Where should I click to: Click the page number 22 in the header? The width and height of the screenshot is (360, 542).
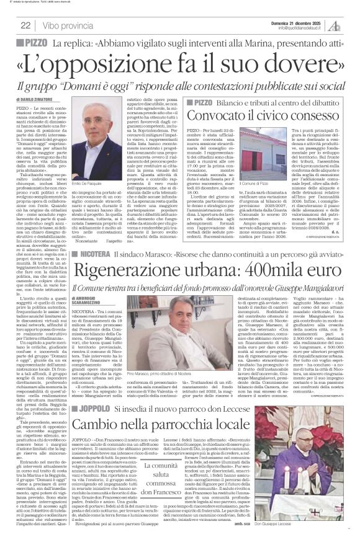25,25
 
